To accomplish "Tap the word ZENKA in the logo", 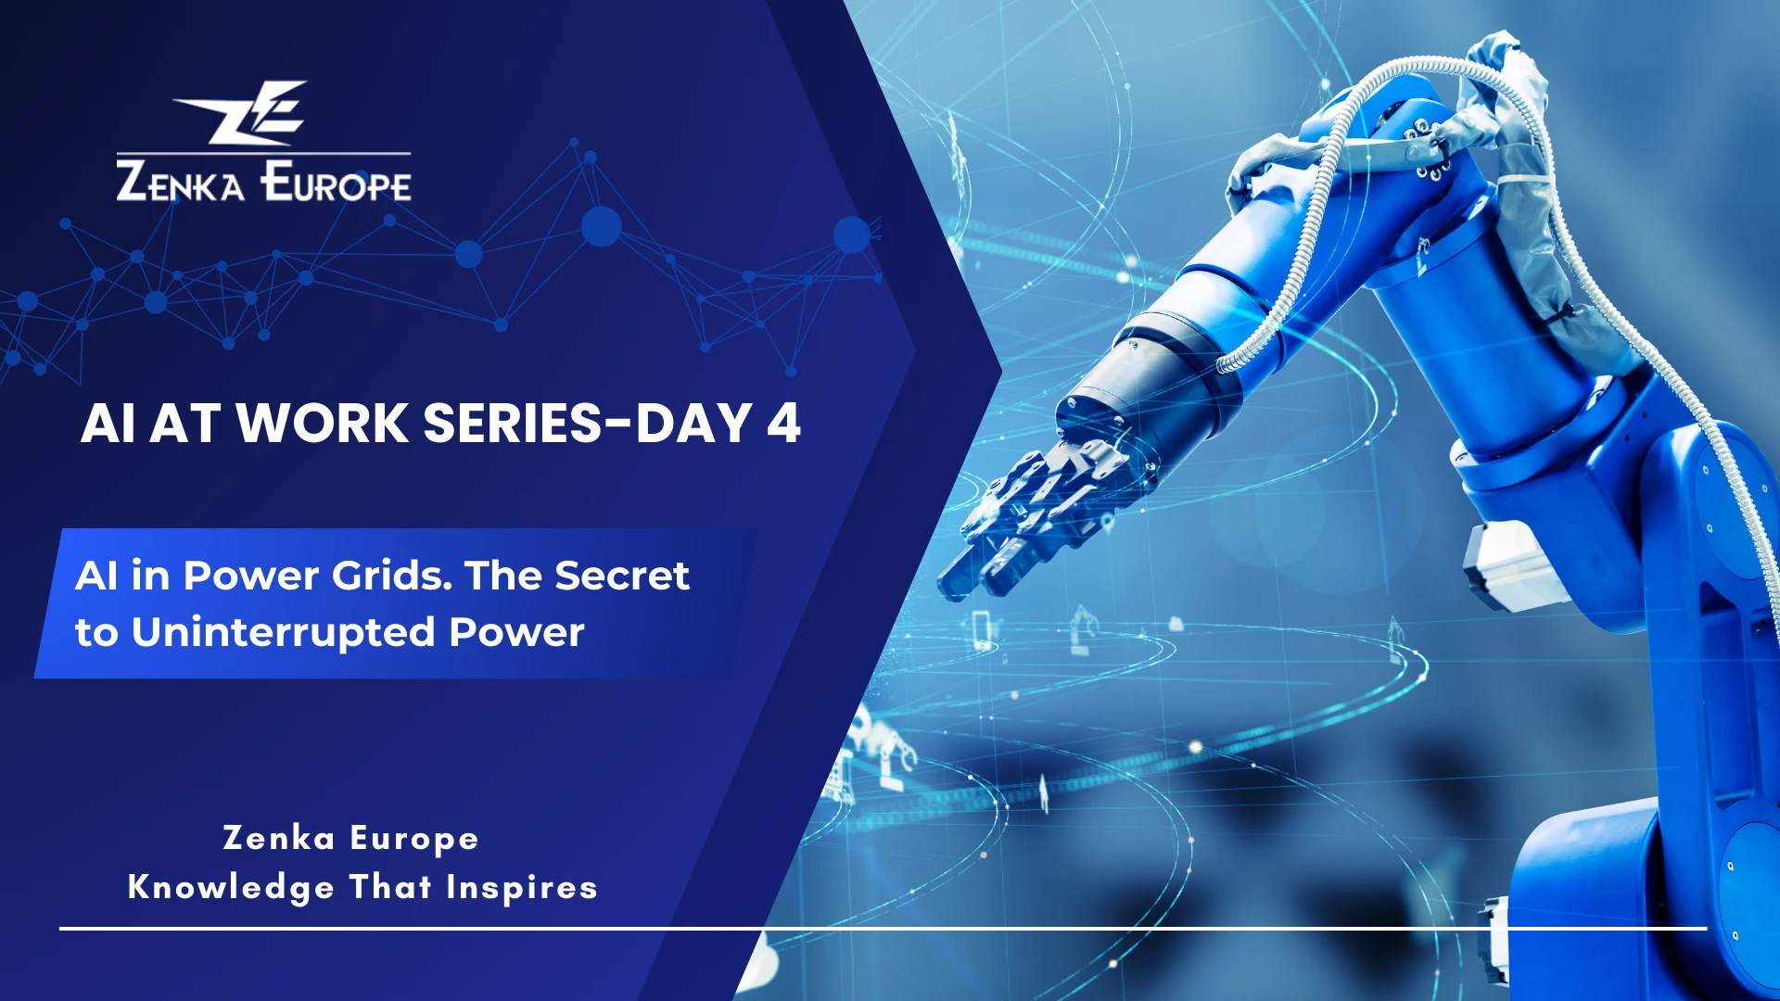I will coord(180,182).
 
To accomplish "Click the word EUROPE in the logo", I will coord(336,182).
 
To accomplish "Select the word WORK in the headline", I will coord(322,424).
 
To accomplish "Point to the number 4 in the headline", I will coord(783,424).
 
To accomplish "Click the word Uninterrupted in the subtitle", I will coord(284,633).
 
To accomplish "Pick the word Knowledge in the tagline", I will coord(231,888).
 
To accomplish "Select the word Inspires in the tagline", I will coord(521,888).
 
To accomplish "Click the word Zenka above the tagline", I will coord(278,839).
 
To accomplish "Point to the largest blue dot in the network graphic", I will coord(601,226).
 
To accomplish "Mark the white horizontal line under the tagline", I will coord(881,927).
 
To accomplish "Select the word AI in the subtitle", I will coord(95,577).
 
